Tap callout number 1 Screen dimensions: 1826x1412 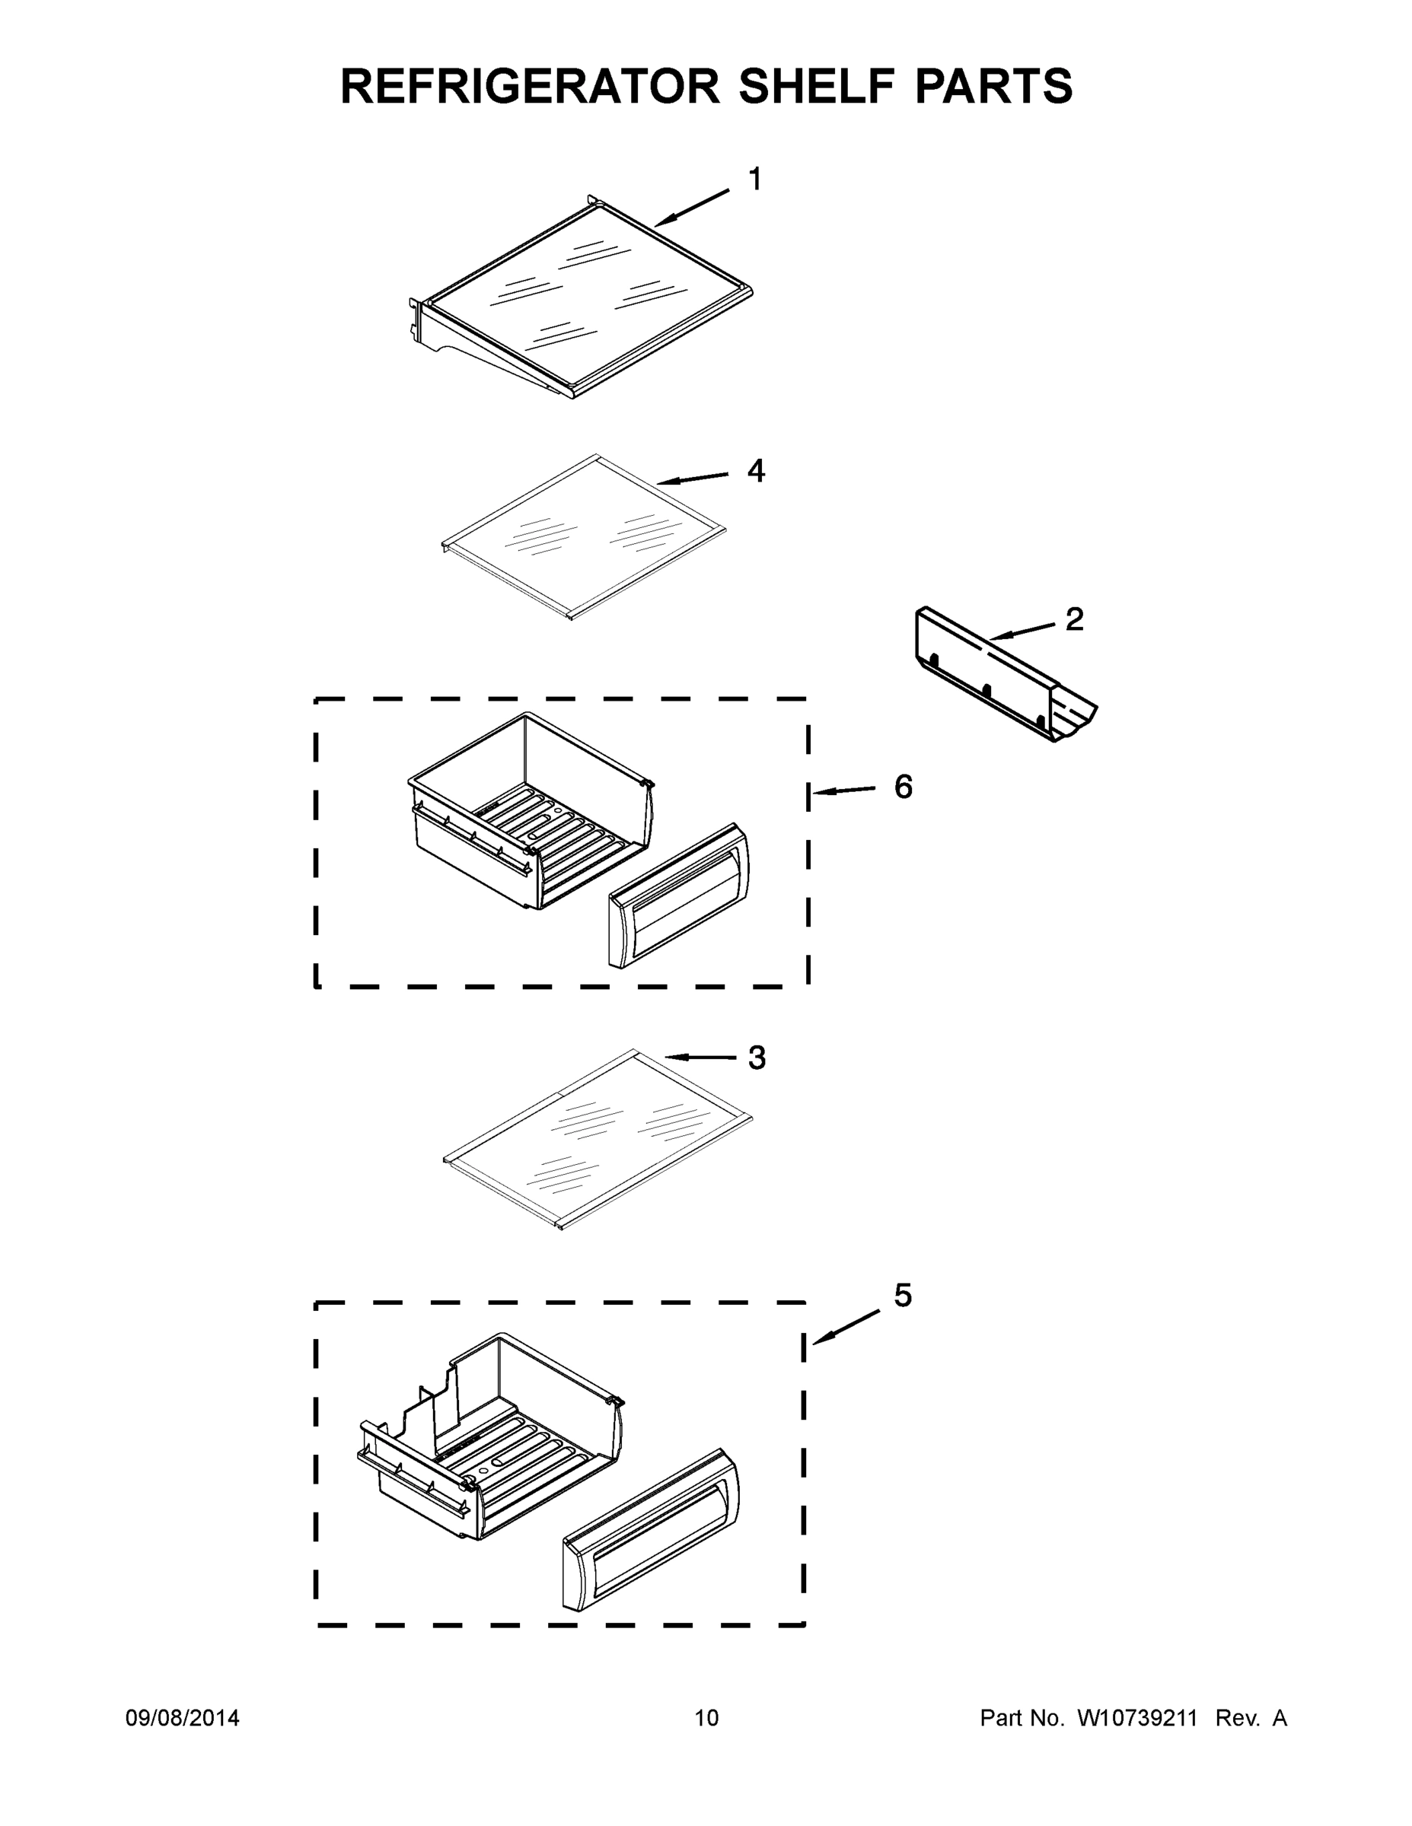click(754, 179)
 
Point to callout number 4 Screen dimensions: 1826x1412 click(755, 471)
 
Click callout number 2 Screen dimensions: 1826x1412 click(1074, 619)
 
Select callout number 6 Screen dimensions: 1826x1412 click(904, 786)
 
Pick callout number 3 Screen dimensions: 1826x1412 click(756, 1058)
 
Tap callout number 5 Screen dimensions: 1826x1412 click(903, 1295)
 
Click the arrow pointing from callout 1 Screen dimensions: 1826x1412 click(691, 208)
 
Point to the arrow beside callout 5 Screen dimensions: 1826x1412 click(846, 1328)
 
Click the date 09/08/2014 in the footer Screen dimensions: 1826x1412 click(183, 1718)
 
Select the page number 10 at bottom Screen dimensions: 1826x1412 click(706, 1718)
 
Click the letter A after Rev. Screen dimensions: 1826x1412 click(1279, 1718)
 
